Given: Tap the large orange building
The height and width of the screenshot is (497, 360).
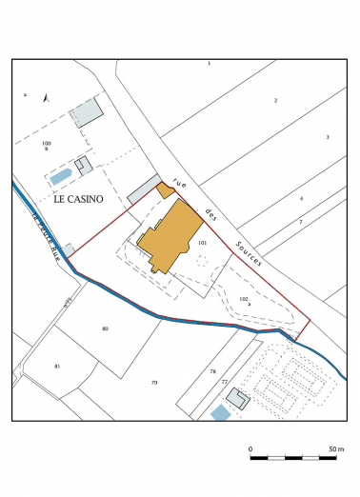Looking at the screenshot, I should point(171,237).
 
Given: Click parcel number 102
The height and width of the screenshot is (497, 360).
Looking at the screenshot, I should point(244,299).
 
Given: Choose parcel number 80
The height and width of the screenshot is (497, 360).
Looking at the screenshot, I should point(105,328).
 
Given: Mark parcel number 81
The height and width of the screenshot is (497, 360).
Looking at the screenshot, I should point(57,367).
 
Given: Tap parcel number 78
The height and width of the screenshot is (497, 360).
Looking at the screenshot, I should point(213,370).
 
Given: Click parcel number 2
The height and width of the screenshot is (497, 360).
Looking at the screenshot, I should point(275,100).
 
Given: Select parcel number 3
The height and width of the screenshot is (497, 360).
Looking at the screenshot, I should point(327,137).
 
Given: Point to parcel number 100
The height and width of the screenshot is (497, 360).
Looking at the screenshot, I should point(45,143).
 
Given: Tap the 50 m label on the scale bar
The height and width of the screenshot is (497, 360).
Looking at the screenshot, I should point(335,447).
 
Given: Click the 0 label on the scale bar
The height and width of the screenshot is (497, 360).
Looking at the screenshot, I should point(250,447).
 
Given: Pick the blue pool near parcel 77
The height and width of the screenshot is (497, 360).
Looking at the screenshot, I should point(220,412).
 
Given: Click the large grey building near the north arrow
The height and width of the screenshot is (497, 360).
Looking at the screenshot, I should point(88,111).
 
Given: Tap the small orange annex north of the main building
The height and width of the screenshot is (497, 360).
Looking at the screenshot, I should point(165,190).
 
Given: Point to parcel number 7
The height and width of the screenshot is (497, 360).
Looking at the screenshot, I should point(300,222).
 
